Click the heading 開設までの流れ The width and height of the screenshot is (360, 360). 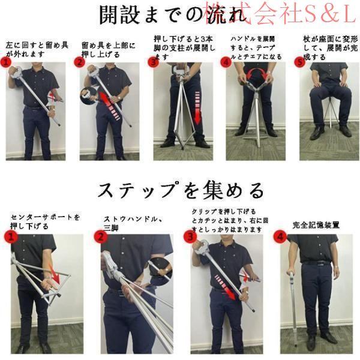[x=173, y=14]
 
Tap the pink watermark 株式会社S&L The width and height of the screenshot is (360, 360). [x=281, y=14]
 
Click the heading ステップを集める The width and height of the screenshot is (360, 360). [x=181, y=190]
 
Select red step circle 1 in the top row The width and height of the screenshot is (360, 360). [x=5, y=62]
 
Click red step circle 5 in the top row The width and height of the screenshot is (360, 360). [x=299, y=62]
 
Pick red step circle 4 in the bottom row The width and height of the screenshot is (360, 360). [x=280, y=236]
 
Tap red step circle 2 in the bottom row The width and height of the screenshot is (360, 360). [x=100, y=236]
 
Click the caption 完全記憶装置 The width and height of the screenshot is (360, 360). [x=316, y=225]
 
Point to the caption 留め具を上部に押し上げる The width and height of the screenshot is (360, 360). [x=109, y=50]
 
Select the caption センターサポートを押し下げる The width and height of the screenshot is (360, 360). [x=45, y=221]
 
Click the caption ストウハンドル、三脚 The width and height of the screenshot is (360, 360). [x=133, y=223]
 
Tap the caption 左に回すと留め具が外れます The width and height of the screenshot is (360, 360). [x=37, y=49]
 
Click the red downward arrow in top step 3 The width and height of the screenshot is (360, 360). [x=197, y=108]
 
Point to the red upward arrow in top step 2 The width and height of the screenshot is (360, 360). [x=108, y=104]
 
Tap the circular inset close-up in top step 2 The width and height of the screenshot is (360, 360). [x=89, y=95]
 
